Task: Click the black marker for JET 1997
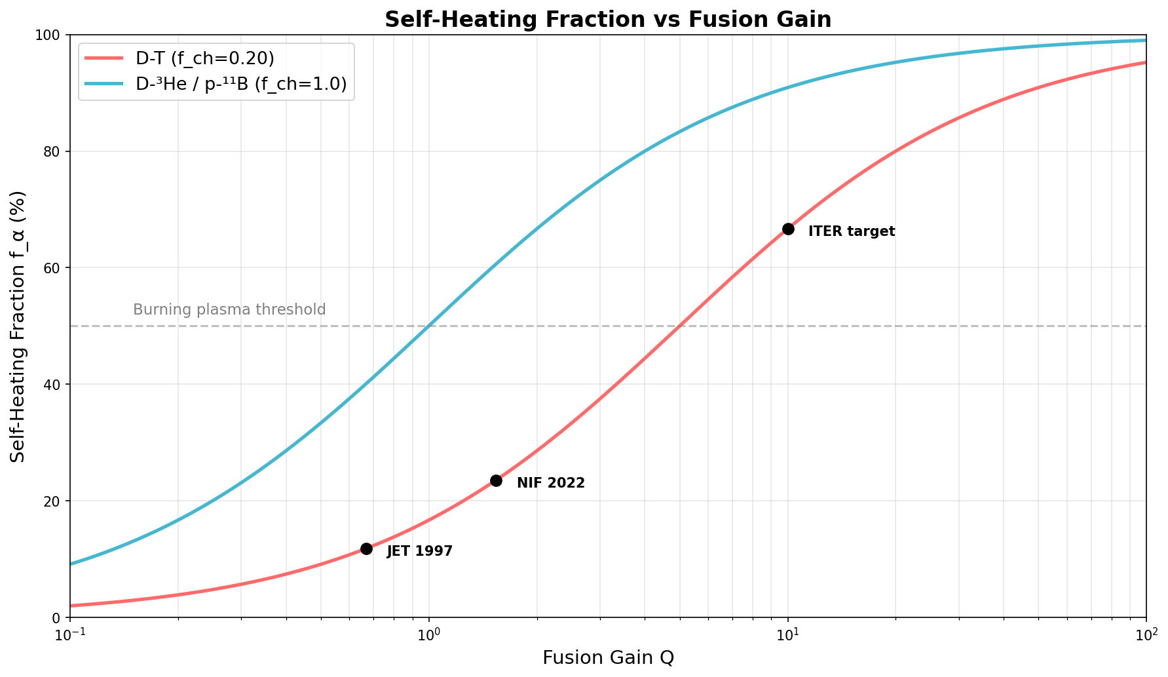(x=366, y=549)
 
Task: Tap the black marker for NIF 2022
(x=496, y=480)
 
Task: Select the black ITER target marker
(x=788, y=229)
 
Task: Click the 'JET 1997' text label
(x=419, y=551)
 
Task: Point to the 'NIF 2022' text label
(x=550, y=483)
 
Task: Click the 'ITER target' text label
(x=851, y=231)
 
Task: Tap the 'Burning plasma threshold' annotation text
(x=229, y=309)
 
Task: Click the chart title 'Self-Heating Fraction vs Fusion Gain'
(x=607, y=19)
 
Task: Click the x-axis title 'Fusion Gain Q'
(x=607, y=657)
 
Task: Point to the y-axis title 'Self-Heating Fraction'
(x=18, y=326)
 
